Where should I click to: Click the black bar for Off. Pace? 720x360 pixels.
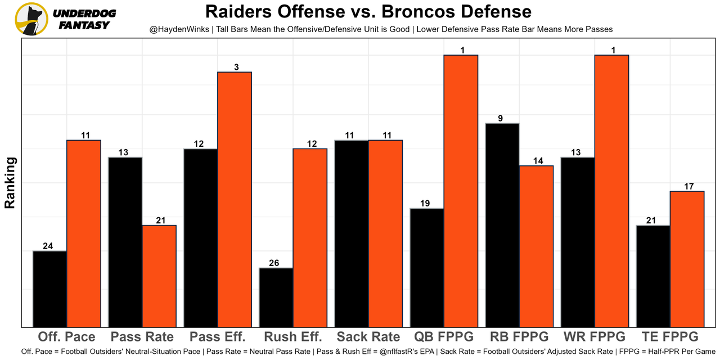[x=50, y=289]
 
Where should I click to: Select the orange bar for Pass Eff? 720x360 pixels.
[x=235, y=199]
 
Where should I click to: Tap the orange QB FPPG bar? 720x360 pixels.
[x=461, y=191]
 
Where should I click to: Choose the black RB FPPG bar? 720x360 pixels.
[x=502, y=225]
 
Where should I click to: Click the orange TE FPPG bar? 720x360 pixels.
[x=687, y=259]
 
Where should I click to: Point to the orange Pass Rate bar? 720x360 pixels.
[x=159, y=276]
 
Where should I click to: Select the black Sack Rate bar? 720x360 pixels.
[x=352, y=233]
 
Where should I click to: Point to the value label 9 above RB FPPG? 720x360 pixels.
[x=500, y=119]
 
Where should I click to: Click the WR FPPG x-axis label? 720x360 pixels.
[x=595, y=337]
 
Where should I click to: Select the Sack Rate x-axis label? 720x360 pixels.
[x=368, y=337]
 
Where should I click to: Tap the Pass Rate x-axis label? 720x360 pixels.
[x=142, y=337]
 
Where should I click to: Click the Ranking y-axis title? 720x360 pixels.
[x=10, y=183]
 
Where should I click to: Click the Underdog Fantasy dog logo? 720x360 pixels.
[x=31, y=19]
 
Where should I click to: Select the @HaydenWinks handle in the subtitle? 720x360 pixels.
[x=178, y=29]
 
